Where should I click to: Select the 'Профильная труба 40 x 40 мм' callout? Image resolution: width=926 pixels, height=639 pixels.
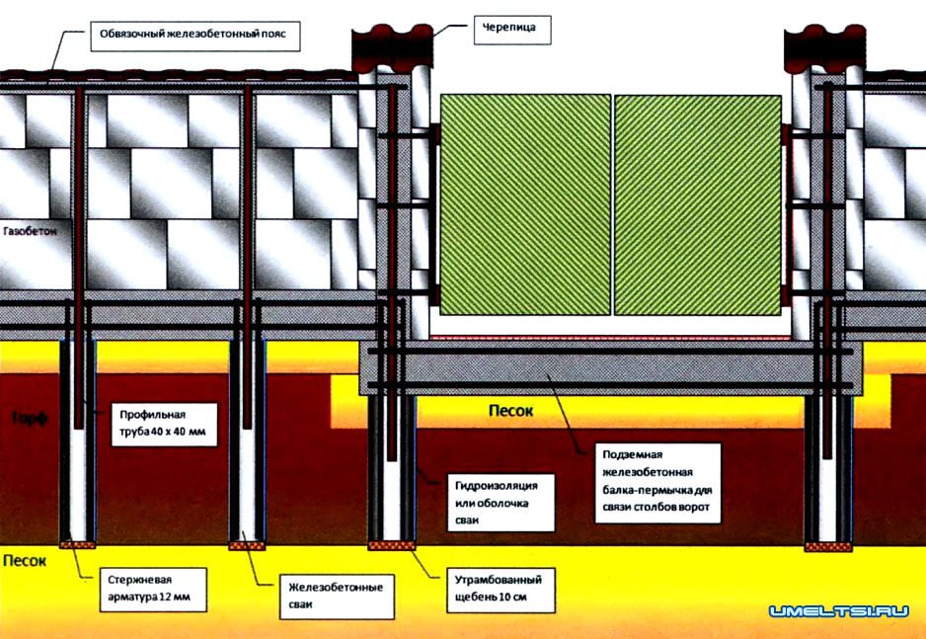164,423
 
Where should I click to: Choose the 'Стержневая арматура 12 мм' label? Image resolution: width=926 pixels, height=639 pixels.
155,585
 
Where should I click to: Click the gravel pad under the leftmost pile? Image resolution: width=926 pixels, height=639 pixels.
77,544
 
